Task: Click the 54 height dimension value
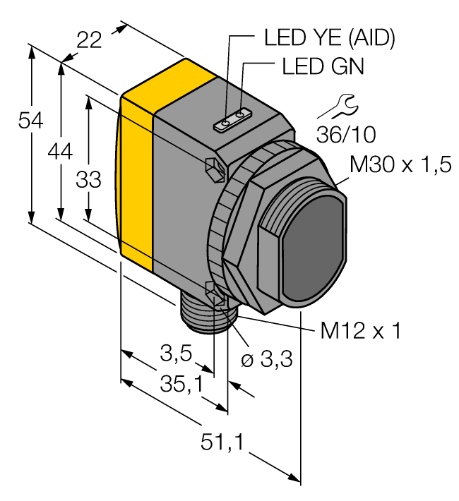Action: click(30, 121)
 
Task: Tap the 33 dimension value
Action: click(89, 181)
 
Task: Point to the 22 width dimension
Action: click(90, 40)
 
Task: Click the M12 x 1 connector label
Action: click(360, 330)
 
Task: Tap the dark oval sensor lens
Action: click(314, 251)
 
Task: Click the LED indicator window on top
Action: click(233, 120)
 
